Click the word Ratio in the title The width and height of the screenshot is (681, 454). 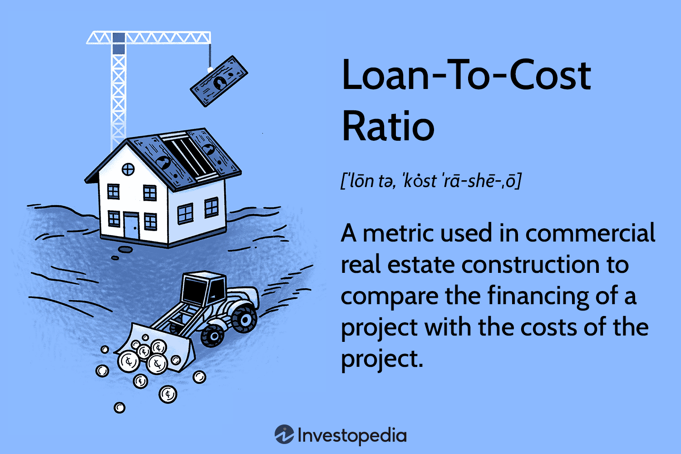click(x=388, y=126)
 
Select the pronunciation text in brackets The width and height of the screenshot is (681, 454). click(x=431, y=181)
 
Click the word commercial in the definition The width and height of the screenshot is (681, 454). click(x=590, y=233)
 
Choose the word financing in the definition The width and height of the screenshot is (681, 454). click(x=538, y=297)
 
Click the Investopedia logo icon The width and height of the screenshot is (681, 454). click(x=284, y=434)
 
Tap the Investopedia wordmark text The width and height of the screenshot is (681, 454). click(x=352, y=435)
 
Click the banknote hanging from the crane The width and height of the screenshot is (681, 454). click(x=219, y=81)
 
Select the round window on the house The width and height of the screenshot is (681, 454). click(x=128, y=169)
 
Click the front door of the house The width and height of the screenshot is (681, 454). click(x=131, y=226)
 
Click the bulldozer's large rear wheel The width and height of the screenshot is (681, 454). click(x=244, y=319)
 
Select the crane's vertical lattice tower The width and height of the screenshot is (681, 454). click(x=118, y=91)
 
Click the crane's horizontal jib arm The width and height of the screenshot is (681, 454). click(x=148, y=38)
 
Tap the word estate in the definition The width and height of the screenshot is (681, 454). click(x=421, y=265)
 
